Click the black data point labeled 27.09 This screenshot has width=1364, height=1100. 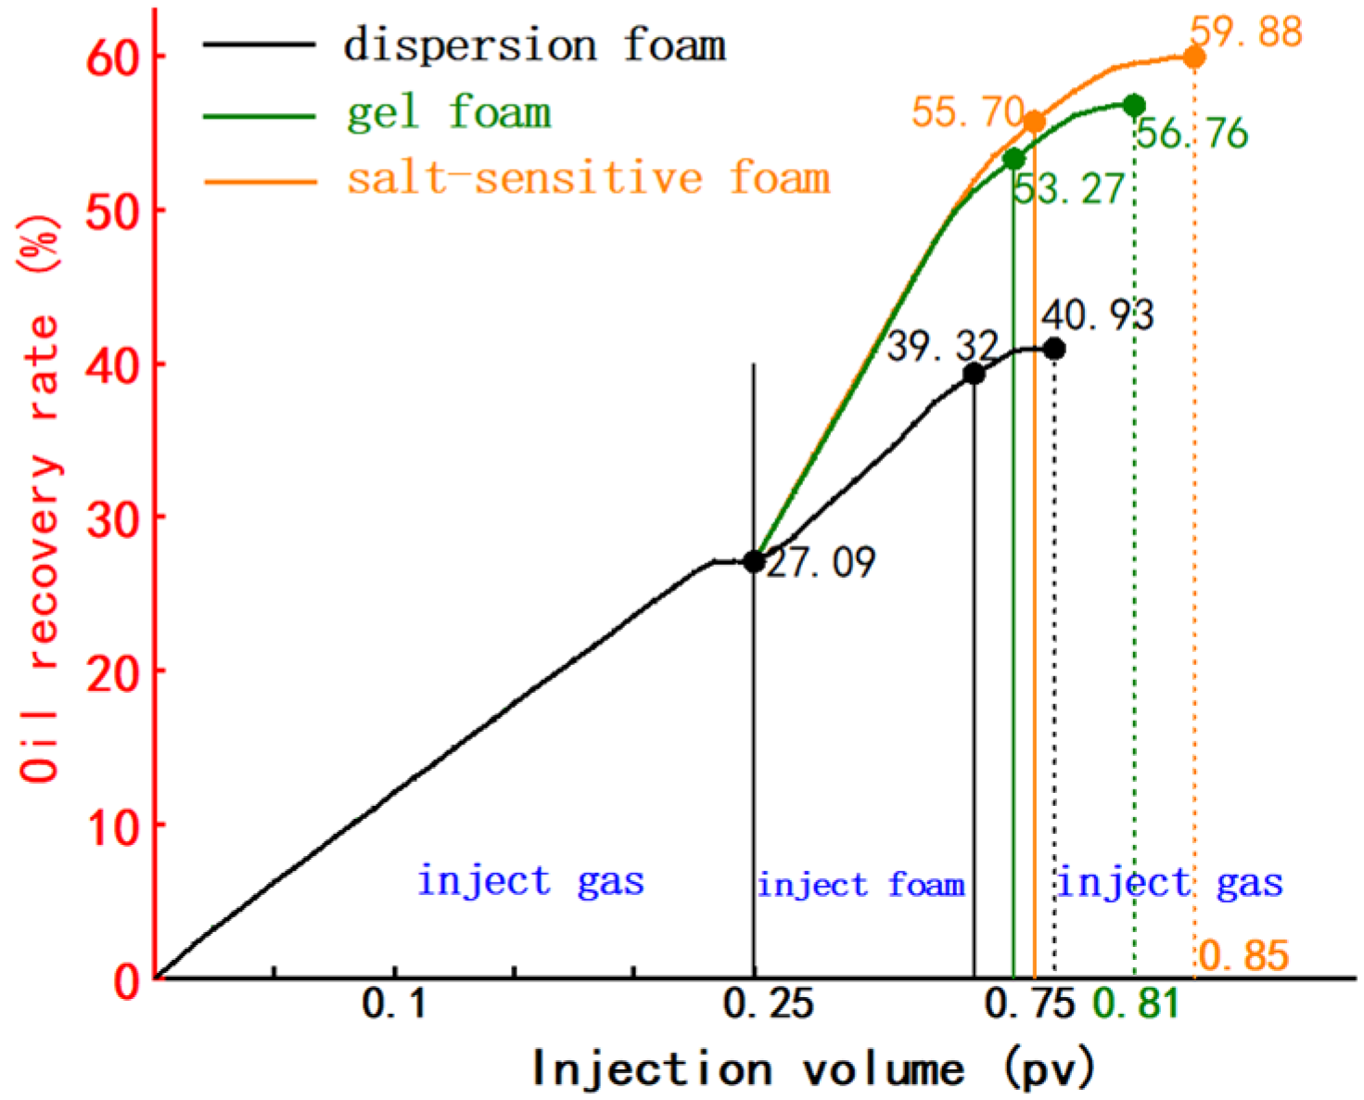click(x=754, y=561)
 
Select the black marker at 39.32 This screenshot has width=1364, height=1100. click(x=974, y=374)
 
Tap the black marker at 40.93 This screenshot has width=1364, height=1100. click(x=1053, y=349)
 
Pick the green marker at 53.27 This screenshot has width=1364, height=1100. click(x=1014, y=159)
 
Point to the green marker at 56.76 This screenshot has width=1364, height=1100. click(x=1133, y=106)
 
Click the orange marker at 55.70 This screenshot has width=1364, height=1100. click(x=1035, y=122)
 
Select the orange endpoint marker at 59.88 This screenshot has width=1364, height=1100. click(x=1194, y=58)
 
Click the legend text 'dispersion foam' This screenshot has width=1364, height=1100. click(x=534, y=45)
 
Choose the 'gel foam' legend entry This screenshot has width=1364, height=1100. click(x=449, y=112)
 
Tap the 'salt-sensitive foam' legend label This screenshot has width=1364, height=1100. click(x=588, y=177)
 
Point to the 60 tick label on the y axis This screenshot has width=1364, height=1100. click(x=112, y=58)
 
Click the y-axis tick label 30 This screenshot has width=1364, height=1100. click(x=112, y=518)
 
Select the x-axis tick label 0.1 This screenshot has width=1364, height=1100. click(x=395, y=1004)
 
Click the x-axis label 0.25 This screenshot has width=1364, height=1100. click(x=768, y=1004)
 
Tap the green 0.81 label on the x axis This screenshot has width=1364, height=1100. click(x=1136, y=1004)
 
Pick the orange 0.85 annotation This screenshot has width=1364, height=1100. click(x=1243, y=955)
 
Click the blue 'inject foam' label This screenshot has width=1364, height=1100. click(x=860, y=885)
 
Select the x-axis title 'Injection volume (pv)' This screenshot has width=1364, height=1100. click(x=812, y=1069)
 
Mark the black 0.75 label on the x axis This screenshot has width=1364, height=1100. click(x=1029, y=1004)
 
